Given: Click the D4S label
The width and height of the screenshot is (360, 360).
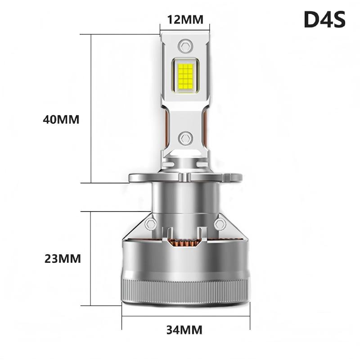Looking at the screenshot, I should pyautogui.click(x=324, y=19).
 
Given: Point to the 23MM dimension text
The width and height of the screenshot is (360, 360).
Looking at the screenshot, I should pyautogui.click(x=63, y=259).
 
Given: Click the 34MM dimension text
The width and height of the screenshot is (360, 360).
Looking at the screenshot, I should pyautogui.click(x=184, y=329).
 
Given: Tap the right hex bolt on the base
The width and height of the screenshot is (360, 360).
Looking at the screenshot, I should pyautogui.click(x=220, y=224).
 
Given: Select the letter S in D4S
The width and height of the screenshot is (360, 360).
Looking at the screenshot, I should pyautogui.click(x=338, y=19).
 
